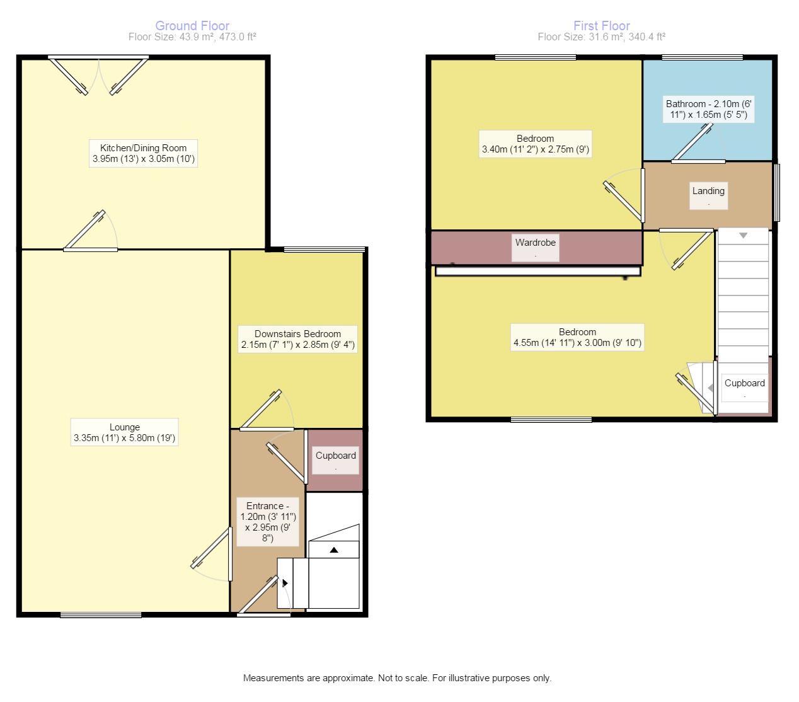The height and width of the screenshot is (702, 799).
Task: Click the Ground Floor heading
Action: click(192, 26)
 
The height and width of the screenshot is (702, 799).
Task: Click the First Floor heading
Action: click(601, 26)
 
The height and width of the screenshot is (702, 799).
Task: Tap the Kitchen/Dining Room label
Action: click(143, 153)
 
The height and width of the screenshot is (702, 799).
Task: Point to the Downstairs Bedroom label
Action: click(298, 339)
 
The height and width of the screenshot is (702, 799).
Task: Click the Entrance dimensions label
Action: click(268, 522)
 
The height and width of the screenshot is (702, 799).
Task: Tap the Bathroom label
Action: click(709, 109)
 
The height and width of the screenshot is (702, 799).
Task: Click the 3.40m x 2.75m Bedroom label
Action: click(536, 144)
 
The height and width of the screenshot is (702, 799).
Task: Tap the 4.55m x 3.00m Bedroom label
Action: click(577, 337)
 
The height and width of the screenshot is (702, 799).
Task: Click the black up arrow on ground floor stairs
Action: click(334, 550)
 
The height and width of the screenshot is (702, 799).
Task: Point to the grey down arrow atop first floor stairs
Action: click(744, 236)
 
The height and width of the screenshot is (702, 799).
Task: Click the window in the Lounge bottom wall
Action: click(101, 614)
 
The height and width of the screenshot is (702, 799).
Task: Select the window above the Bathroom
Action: click(703, 57)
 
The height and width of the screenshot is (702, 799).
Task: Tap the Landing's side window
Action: click(776, 192)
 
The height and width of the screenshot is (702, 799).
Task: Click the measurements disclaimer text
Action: click(397, 678)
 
